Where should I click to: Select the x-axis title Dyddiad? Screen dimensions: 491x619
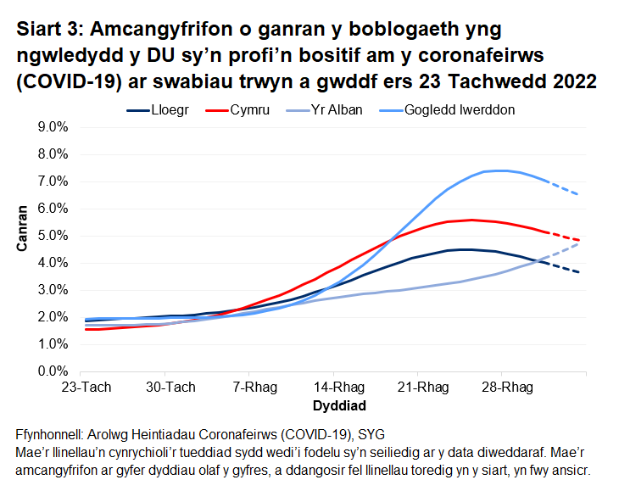[333, 405]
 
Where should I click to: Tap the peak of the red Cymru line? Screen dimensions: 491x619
[471, 220]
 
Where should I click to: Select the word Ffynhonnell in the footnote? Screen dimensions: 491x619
[52, 433]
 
